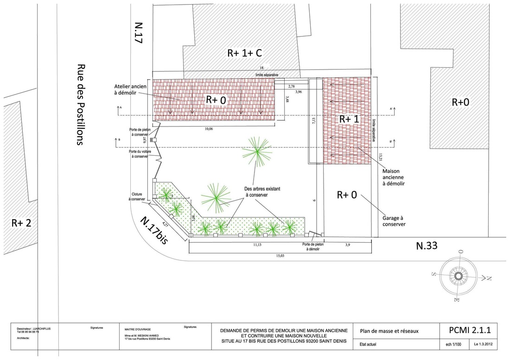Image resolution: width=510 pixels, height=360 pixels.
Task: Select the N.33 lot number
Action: click(427, 246)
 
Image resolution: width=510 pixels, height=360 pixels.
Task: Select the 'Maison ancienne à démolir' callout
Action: click(394, 177)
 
